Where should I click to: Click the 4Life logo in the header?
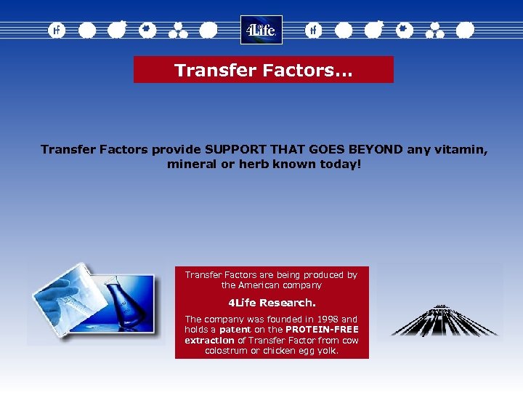click(261, 30)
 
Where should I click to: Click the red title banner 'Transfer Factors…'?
click(263, 70)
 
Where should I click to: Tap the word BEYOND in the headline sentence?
click(376, 149)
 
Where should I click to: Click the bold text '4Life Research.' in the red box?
click(272, 302)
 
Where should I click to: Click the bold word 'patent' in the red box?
click(235, 330)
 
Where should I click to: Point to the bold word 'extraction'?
click(209, 340)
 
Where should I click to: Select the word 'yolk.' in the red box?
click(327, 351)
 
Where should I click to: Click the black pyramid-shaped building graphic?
click(443, 320)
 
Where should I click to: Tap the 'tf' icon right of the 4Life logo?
click(313, 31)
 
